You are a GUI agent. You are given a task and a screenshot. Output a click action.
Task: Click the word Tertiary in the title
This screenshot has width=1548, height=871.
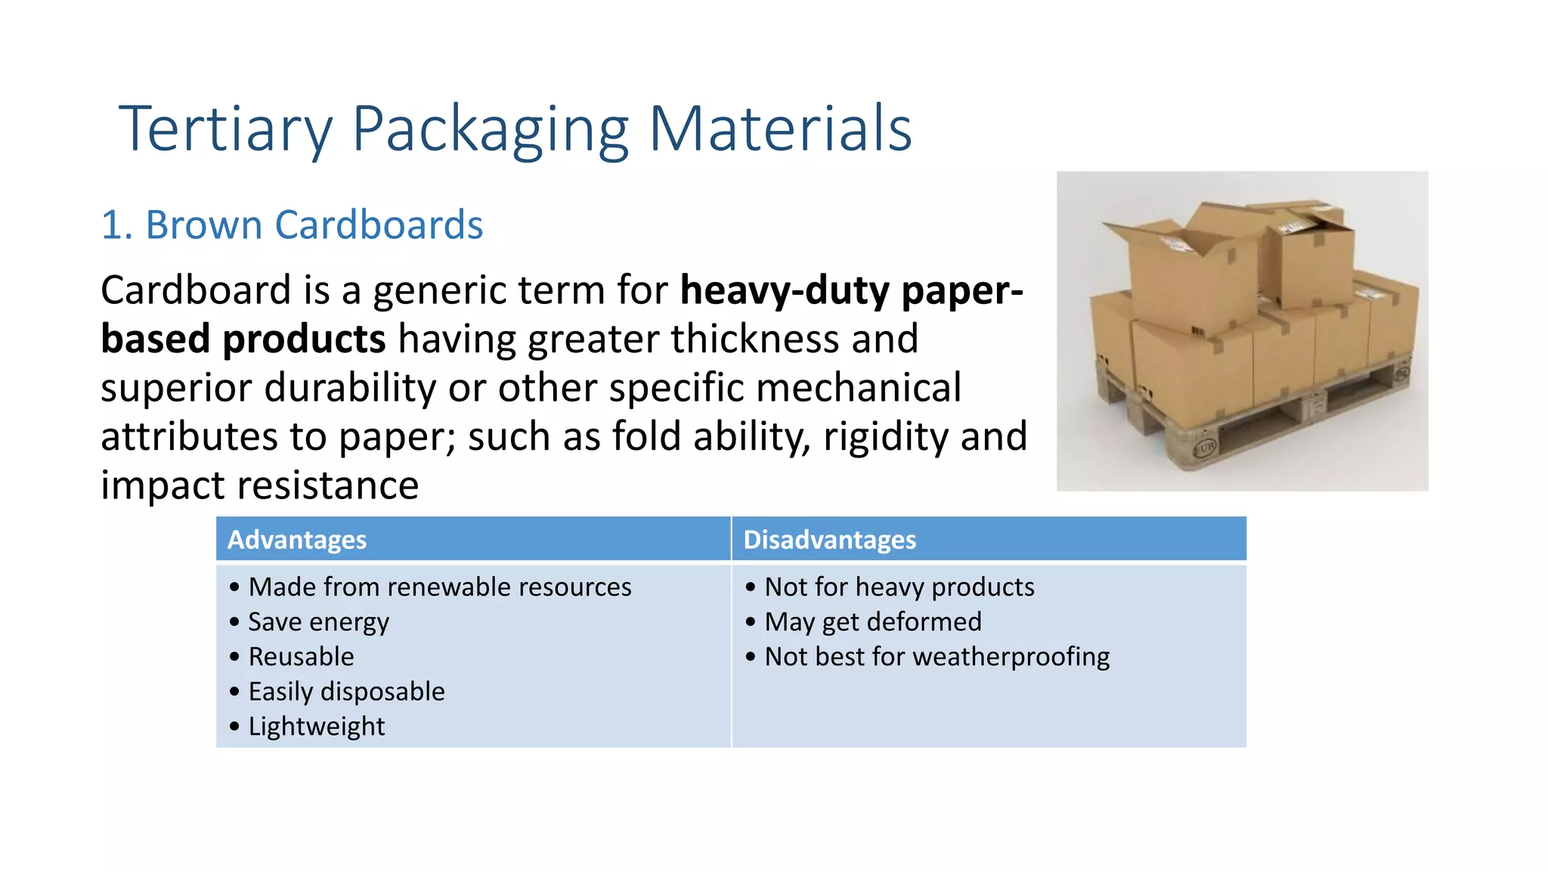click(225, 130)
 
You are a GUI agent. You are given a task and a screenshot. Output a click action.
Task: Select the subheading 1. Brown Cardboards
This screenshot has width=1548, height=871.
click(292, 225)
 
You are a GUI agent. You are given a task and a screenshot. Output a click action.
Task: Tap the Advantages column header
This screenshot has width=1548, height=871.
click(297, 540)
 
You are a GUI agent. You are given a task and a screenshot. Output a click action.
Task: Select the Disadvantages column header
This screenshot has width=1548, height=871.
click(829, 540)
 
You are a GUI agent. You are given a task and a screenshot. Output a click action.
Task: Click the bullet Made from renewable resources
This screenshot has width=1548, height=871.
click(439, 587)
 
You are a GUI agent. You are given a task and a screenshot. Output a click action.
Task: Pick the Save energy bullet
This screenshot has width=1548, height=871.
click(318, 622)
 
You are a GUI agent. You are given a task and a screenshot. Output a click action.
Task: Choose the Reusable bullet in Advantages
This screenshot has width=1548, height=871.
click(301, 657)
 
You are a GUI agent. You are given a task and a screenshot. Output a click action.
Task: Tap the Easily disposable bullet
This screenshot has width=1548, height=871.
click(346, 692)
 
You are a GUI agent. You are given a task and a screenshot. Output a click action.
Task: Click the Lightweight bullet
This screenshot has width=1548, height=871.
click(316, 727)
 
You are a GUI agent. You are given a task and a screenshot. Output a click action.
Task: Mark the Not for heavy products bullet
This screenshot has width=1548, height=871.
click(899, 587)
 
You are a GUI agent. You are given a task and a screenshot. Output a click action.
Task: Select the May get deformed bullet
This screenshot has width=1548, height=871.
click(873, 622)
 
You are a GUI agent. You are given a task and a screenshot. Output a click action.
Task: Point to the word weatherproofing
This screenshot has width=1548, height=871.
click(1011, 657)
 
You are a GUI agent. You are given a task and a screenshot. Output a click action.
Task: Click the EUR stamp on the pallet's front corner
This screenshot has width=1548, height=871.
click(1203, 448)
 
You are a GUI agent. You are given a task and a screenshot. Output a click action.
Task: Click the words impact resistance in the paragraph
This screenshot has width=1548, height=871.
click(259, 485)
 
